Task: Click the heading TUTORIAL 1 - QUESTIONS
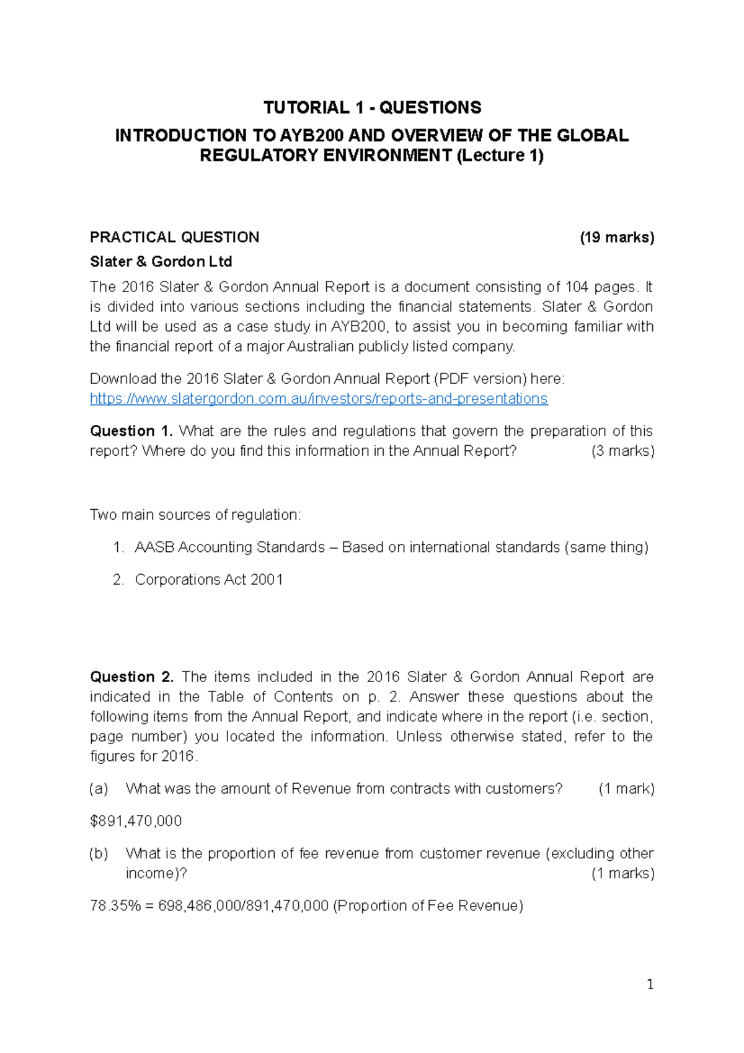click(372, 107)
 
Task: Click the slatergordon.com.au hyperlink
click(319, 399)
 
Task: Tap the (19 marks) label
click(616, 238)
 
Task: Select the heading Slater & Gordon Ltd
click(161, 262)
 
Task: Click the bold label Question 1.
click(131, 431)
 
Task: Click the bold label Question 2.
click(131, 677)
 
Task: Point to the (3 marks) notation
click(622, 451)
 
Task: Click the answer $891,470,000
click(136, 821)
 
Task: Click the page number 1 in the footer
click(650, 985)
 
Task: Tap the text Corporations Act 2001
click(208, 579)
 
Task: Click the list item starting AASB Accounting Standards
click(391, 547)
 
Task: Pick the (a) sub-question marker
click(99, 789)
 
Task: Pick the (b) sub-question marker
click(99, 853)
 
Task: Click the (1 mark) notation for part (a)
click(626, 789)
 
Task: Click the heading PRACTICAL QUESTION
click(174, 238)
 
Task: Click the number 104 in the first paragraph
click(577, 287)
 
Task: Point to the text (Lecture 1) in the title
click(500, 155)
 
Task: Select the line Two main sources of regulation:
click(195, 515)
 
